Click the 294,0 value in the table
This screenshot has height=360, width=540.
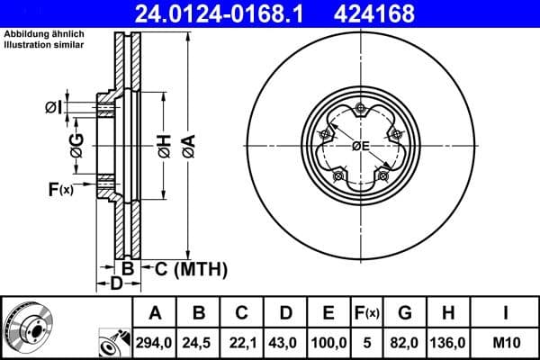pos(155,343)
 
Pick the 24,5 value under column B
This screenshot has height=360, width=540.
pos(200,343)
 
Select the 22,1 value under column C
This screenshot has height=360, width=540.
pos(243,343)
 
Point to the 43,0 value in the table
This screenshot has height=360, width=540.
pos(286,343)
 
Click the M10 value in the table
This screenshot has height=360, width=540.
pos(507,343)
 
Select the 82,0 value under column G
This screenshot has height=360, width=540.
pos(405,343)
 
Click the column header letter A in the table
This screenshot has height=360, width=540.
pos(155,313)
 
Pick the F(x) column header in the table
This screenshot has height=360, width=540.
pos(367,313)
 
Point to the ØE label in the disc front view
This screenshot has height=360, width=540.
pos(361,146)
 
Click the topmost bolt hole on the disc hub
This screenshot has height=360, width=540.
pos(360,110)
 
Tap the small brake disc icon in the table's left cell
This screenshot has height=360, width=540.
pos(27,328)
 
